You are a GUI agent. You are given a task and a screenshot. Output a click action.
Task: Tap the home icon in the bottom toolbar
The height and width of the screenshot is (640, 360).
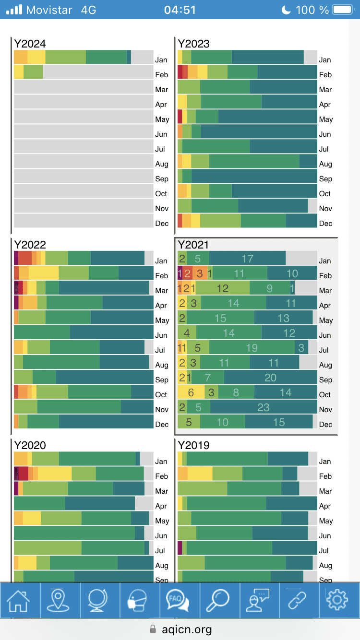(18, 601)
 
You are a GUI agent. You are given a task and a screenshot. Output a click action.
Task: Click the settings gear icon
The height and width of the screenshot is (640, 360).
(337, 600)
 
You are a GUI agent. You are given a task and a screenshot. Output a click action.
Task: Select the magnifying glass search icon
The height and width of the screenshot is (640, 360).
(217, 600)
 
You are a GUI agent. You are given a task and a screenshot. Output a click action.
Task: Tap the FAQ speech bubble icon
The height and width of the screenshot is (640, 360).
(178, 600)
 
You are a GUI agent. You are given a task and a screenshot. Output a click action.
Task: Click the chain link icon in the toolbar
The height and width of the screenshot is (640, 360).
(297, 600)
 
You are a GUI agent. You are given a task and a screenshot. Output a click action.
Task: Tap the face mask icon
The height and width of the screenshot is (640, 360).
(138, 600)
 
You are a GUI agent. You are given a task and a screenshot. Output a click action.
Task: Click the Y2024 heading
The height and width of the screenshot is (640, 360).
(30, 44)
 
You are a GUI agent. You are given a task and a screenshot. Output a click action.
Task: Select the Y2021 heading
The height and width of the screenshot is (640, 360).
(193, 245)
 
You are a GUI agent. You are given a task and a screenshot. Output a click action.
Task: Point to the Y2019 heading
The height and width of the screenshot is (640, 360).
(193, 445)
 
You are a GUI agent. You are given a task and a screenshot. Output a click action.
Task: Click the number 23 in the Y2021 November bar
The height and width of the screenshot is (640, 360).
(264, 407)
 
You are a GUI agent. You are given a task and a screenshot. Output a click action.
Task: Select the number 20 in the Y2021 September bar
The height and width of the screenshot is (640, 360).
(271, 378)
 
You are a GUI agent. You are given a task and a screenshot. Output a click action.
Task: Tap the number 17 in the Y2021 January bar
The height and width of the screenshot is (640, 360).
(247, 259)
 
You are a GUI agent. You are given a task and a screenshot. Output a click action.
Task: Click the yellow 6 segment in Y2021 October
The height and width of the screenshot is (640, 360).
(191, 392)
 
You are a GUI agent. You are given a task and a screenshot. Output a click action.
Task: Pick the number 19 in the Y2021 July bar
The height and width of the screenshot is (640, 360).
(252, 348)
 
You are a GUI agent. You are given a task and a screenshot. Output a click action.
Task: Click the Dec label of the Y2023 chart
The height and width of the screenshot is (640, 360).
(326, 224)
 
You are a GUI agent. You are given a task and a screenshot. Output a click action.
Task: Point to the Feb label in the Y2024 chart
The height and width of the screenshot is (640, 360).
(162, 75)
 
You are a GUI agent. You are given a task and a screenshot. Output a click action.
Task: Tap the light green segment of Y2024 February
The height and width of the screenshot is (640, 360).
(33, 71)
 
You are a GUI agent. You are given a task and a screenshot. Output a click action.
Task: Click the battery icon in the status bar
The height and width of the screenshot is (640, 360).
(343, 10)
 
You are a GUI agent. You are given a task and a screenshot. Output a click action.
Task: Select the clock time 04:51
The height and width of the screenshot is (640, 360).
(180, 10)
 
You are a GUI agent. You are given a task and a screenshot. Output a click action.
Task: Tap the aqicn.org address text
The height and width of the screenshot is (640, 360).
(187, 629)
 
